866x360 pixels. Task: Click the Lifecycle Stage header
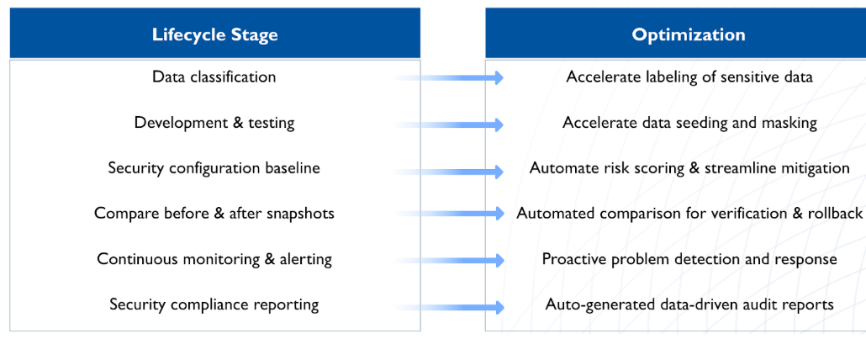(214, 34)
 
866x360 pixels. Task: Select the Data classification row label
(214, 77)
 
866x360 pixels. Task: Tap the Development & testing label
(214, 123)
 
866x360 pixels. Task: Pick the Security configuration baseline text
(214, 168)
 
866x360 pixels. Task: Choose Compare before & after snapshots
(214, 214)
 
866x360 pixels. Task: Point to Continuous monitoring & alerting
(214, 259)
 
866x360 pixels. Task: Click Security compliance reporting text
(214, 304)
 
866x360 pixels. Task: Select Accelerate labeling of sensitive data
(689, 77)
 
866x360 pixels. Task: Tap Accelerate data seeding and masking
(689, 123)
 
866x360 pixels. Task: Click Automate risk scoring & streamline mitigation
(689, 168)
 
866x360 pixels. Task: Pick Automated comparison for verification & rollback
(689, 214)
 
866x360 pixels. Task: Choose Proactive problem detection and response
(689, 259)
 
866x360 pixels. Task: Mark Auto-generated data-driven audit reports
(689, 304)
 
